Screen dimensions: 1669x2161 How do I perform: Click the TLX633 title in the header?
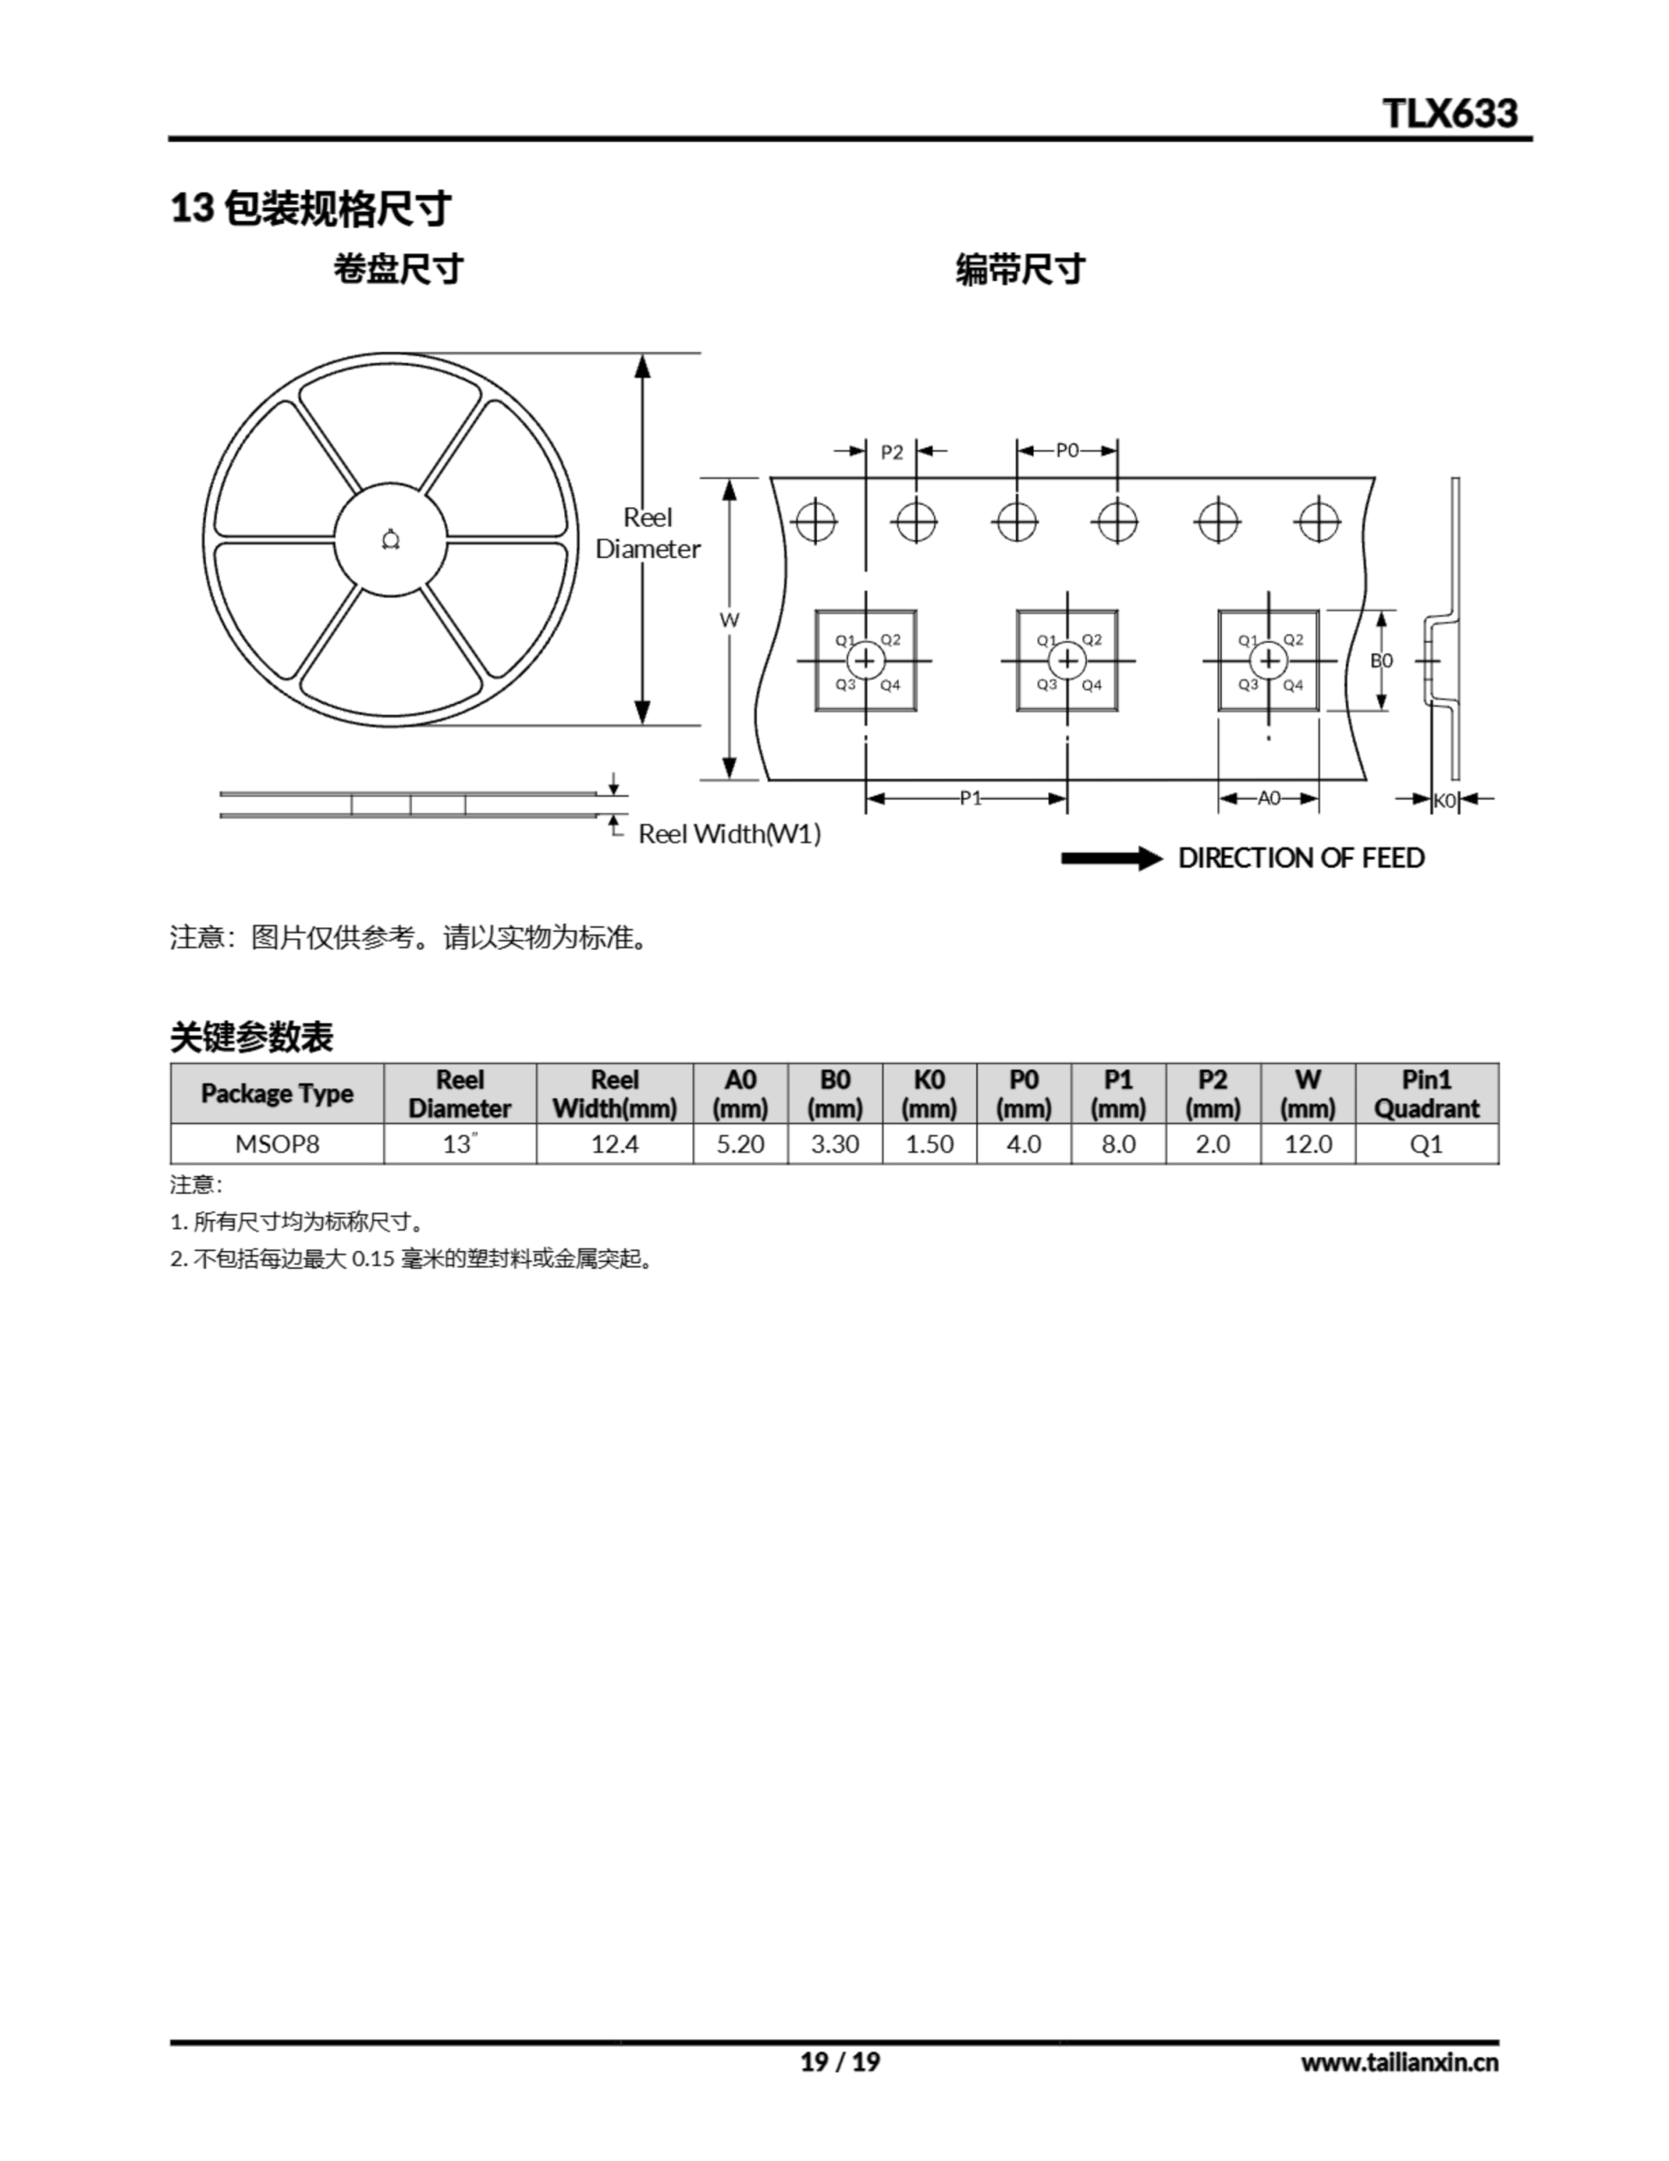pos(1450,113)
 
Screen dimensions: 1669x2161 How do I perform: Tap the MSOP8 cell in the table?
pos(277,1144)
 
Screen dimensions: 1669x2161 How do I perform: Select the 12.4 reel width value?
pos(614,1144)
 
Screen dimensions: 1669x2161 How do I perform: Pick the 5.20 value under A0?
pos(740,1144)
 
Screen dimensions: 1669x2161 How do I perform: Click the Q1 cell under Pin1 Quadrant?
pos(1426,1144)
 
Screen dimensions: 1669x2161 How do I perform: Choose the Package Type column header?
pos(277,1093)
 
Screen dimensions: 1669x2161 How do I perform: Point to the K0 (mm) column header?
pos(929,1093)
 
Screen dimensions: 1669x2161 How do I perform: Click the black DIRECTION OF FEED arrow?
pos(1111,858)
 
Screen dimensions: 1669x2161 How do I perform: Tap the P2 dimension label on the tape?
pos(891,452)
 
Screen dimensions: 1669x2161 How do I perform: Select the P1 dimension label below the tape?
pos(970,798)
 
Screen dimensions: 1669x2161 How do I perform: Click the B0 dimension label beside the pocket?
pos(1381,660)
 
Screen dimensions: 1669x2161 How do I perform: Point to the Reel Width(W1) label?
pos(729,834)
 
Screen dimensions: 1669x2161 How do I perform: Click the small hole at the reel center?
pos(391,539)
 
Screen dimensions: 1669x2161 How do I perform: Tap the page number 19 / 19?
pos(840,2062)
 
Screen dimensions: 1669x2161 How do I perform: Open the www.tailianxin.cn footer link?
pos(1400,2062)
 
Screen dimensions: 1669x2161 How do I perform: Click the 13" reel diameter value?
pos(460,1144)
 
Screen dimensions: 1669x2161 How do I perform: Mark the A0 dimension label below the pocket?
pos(1268,798)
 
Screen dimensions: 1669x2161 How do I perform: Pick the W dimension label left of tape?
pos(729,620)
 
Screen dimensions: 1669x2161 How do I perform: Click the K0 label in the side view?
pos(1445,800)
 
